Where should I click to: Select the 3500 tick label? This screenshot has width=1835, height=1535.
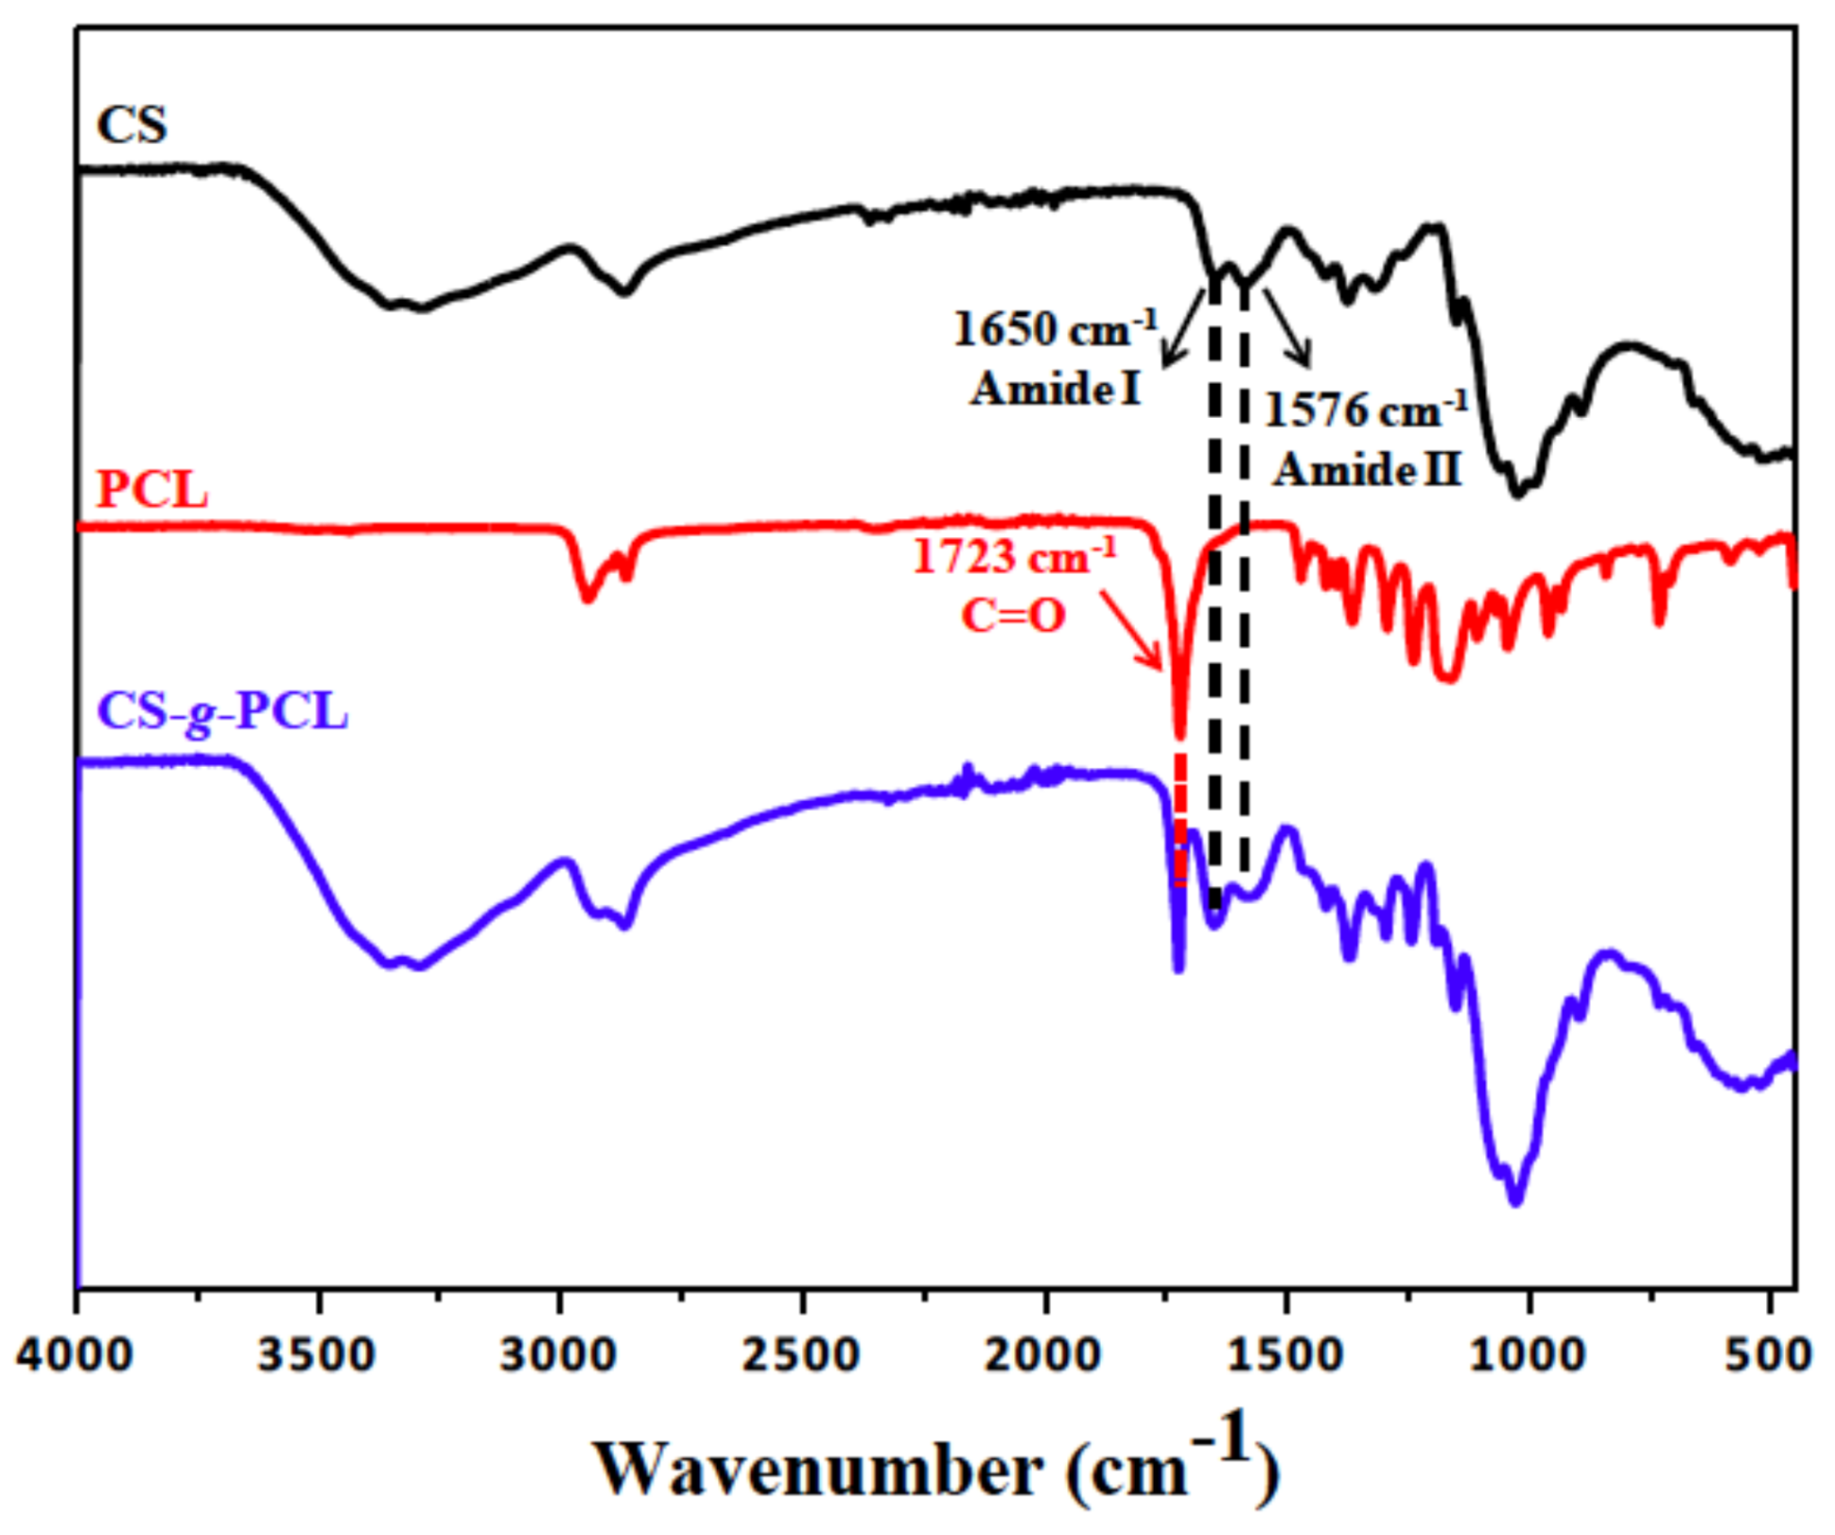(319, 1355)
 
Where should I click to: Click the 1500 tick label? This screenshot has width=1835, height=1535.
(1286, 1355)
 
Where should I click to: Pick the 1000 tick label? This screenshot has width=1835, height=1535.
(1528, 1355)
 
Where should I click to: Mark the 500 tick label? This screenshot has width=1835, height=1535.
(1768, 1355)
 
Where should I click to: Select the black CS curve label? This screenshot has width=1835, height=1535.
(132, 125)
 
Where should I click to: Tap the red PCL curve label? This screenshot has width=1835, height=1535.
(152, 491)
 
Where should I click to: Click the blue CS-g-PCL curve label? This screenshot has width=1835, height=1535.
(223, 712)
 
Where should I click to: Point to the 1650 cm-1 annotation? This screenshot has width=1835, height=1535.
(1056, 330)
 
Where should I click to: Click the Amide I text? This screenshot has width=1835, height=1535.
(1056, 389)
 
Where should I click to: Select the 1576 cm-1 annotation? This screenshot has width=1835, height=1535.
(1365, 410)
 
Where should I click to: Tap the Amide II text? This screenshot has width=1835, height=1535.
(1367, 469)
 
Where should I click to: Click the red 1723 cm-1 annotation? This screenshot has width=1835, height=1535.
(1014, 556)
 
